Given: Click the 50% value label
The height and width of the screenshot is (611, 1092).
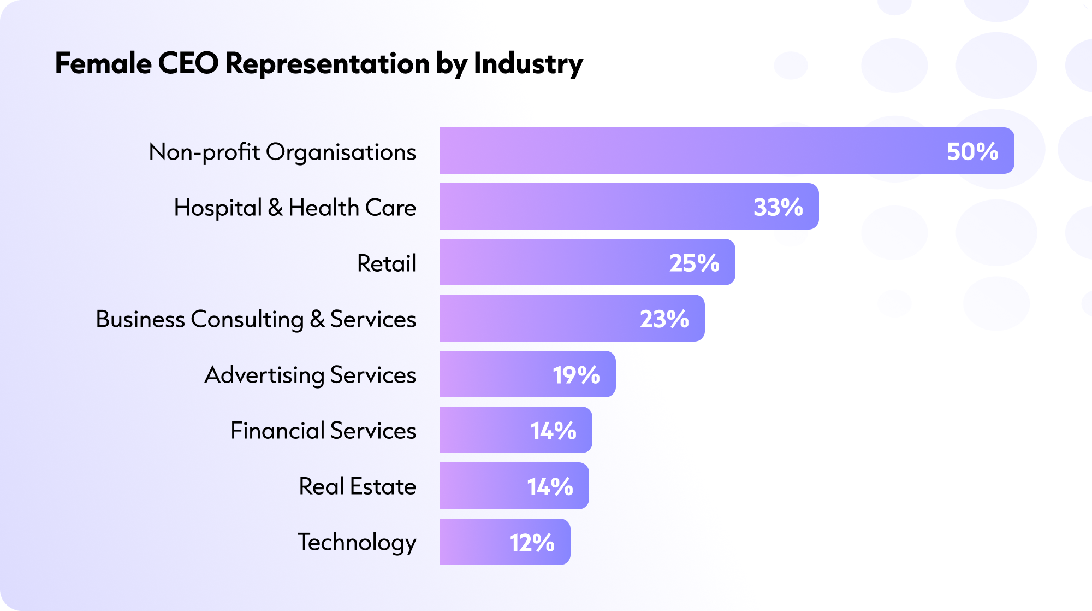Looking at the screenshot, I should click(972, 151).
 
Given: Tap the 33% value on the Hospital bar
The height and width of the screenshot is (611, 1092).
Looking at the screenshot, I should click(778, 207).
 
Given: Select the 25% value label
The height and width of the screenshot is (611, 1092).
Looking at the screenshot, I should click(695, 263).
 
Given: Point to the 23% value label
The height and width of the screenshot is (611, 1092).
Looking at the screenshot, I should click(664, 319).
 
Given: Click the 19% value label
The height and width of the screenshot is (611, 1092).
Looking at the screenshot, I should click(576, 375).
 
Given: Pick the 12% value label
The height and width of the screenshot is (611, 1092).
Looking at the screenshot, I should click(532, 543).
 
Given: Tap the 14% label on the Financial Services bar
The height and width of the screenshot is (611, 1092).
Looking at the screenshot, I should click(553, 431).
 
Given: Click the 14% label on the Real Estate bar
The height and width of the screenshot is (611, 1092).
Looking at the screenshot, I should click(550, 486).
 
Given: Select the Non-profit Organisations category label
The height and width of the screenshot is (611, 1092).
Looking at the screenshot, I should click(282, 152).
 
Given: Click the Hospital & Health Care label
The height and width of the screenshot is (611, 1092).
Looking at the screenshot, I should click(295, 208).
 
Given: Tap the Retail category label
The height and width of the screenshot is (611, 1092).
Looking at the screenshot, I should click(386, 263).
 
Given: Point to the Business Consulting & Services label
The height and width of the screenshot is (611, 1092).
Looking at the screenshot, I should click(256, 319).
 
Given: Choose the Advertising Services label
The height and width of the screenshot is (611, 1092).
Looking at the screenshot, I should click(310, 375).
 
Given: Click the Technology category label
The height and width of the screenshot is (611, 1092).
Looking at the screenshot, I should click(357, 542).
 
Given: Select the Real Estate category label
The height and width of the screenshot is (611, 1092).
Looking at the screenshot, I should click(357, 486).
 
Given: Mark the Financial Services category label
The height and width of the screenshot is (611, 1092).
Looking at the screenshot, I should click(323, 431).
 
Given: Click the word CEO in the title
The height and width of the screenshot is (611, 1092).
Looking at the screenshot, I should click(188, 63).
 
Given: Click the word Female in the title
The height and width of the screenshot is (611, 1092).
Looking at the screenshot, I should click(103, 63).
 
